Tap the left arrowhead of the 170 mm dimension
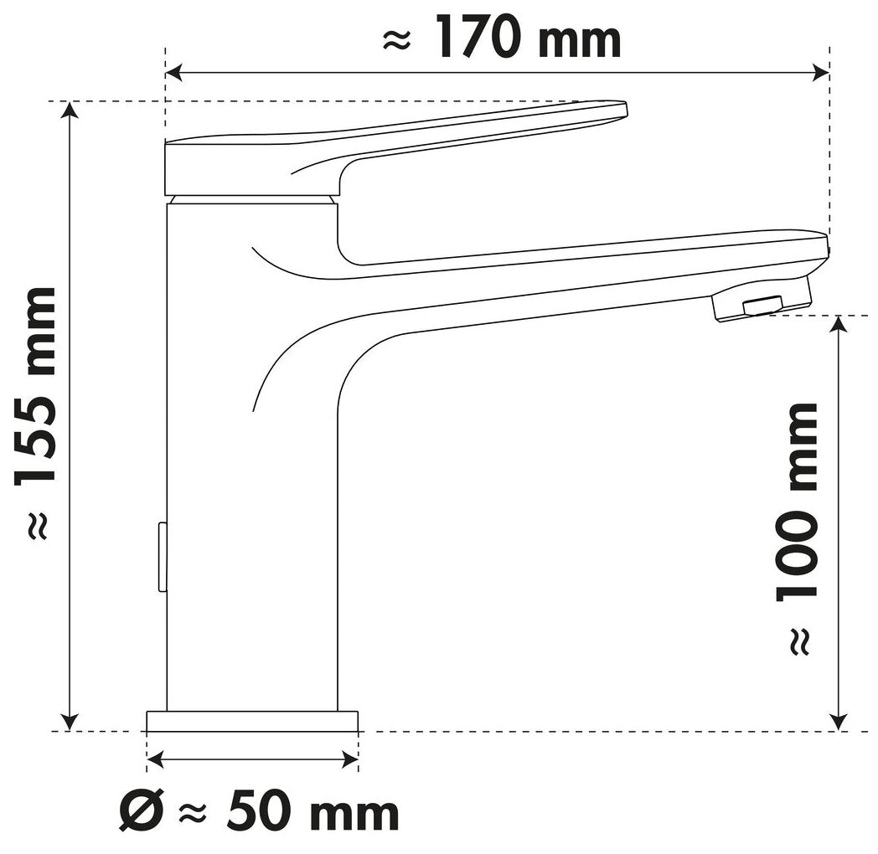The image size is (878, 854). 174,72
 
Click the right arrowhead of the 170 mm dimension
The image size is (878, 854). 820,72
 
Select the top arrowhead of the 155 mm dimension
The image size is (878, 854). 70,111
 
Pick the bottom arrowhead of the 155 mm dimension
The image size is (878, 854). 70,722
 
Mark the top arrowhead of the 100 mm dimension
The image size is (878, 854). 839,325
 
